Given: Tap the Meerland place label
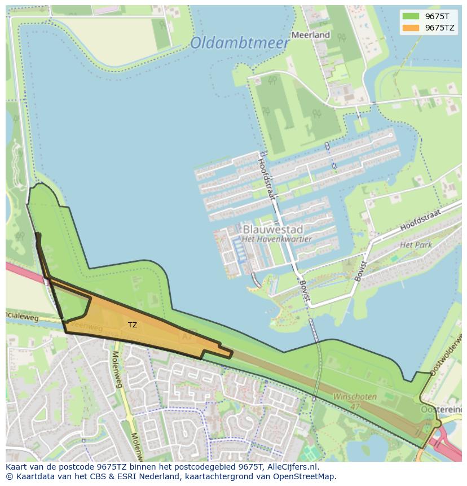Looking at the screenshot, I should pos(310,35).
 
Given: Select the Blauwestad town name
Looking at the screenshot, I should pos(273,229).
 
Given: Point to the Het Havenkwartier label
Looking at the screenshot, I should pos(276,239).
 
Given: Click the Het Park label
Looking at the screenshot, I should pos(416,245).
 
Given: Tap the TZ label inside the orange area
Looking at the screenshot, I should pos(133,325).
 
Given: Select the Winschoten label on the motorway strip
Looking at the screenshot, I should pos(355,397).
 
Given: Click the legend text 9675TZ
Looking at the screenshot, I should pos(440,28).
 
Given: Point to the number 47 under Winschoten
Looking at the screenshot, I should pos(355,406).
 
